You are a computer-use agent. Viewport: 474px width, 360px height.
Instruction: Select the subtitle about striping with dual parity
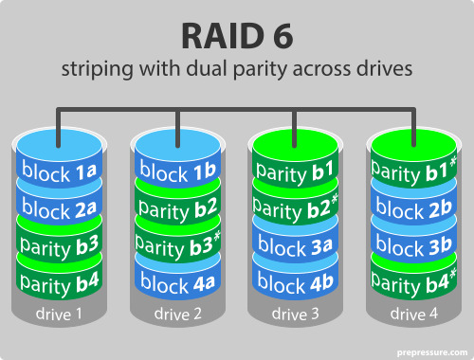click(237, 70)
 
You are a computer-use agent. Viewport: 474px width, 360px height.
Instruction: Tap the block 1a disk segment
click(59, 172)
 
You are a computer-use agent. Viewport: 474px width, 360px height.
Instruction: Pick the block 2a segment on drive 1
click(59, 208)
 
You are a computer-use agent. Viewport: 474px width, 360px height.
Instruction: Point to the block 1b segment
click(177, 172)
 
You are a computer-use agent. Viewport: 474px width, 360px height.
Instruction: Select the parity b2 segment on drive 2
click(177, 208)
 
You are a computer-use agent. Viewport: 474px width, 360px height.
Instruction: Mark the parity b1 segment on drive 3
click(295, 172)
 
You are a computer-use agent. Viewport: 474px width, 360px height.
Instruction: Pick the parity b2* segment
click(295, 208)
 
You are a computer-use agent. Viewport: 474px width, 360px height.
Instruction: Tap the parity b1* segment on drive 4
click(413, 172)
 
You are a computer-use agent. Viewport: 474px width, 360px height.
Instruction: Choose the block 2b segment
click(413, 208)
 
